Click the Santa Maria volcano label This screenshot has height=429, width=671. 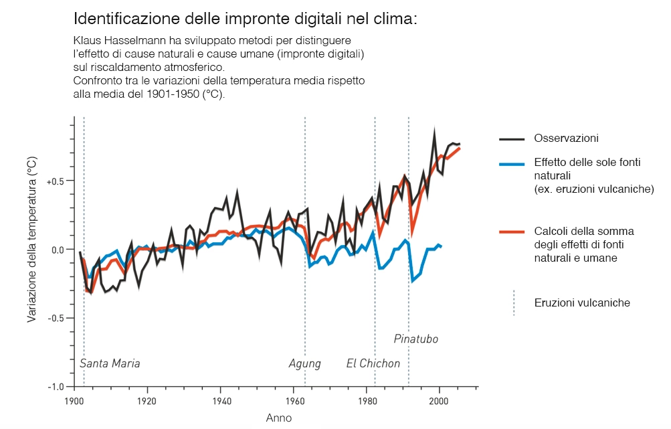pyautogui.click(x=110, y=364)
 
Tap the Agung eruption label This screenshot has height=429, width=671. pyautogui.click(x=304, y=364)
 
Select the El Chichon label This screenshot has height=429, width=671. pyautogui.click(x=373, y=364)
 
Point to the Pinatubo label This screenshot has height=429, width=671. pyautogui.click(x=415, y=339)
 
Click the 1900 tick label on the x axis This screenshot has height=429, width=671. pyautogui.click(x=73, y=402)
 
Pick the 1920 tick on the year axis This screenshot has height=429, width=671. pyautogui.click(x=147, y=402)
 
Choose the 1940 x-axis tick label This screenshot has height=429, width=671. pyautogui.click(x=219, y=402)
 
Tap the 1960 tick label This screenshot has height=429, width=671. pyautogui.click(x=293, y=402)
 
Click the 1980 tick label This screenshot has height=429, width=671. pyautogui.click(x=366, y=402)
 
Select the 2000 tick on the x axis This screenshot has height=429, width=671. pyautogui.click(x=439, y=402)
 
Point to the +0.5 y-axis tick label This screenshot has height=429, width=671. pyautogui.click(x=56, y=181)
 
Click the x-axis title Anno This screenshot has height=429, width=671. pyautogui.click(x=278, y=418)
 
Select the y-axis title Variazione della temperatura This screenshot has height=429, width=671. pyautogui.click(x=31, y=240)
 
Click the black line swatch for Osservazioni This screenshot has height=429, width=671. pyautogui.click(x=512, y=139)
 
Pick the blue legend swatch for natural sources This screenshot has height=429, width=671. pyautogui.click(x=512, y=163)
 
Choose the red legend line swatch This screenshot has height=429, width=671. pyautogui.click(x=512, y=232)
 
